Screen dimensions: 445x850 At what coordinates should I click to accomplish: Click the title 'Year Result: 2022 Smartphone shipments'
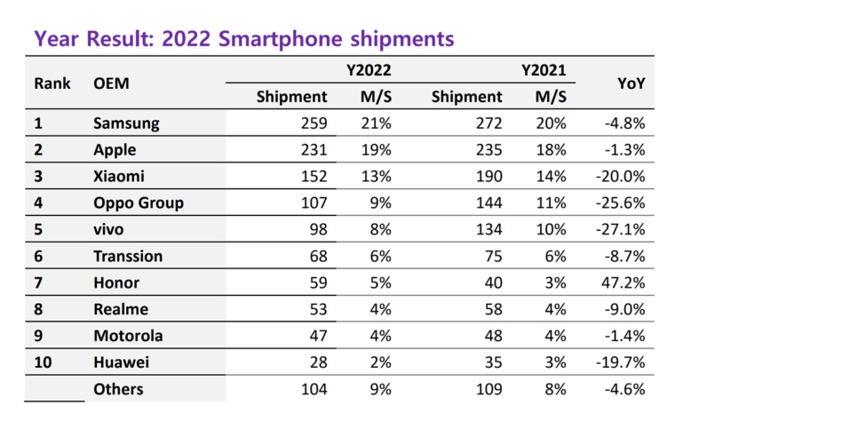(243, 39)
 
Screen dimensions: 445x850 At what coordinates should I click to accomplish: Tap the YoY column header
(631, 83)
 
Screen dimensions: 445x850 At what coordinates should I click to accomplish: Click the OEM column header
(111, 83)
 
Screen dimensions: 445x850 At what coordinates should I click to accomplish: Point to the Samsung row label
(126, 123)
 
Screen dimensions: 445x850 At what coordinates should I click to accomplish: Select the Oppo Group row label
(139, 203)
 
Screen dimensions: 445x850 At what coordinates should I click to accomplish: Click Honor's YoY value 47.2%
(624, 283)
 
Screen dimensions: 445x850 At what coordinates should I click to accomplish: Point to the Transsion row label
(128, 257)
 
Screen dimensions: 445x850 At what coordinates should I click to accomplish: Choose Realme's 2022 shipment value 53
(317, 310)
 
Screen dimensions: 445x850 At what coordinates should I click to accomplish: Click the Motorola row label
(127, 337)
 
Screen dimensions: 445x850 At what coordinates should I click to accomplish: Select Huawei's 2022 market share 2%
(380, 363)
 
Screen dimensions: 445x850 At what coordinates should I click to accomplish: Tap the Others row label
(118, 390)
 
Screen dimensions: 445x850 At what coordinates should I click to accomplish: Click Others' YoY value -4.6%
(624, 390)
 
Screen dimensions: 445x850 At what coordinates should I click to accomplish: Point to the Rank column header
(52, 83)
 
